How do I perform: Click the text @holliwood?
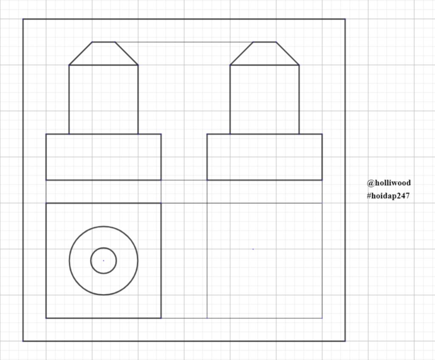click(389, 183)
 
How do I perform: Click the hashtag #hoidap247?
click(388, 196)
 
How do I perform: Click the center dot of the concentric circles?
click(104, 261)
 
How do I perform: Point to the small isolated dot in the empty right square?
click(253, 249)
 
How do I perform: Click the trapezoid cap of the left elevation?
click(104, 53)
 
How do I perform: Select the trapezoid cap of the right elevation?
click(265, 53)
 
